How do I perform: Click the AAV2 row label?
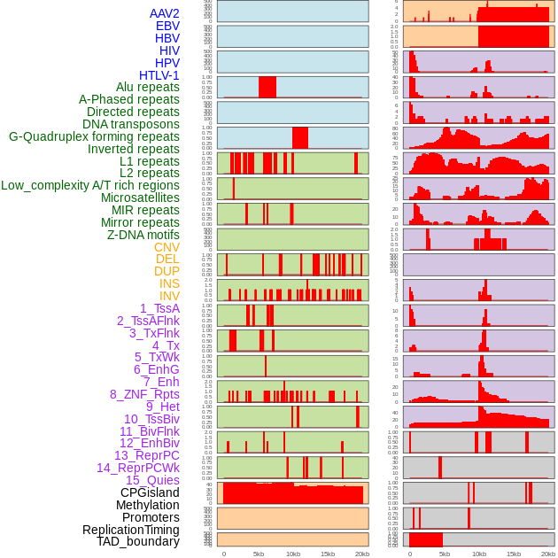tap(164, 14)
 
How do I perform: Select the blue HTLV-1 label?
tap(159, 75)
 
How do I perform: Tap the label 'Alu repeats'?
tap(147, 88)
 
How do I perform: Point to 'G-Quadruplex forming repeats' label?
tap(94, 137)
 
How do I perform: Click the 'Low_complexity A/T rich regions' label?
tap(90, 186)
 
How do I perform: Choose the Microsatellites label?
tap(140, 198)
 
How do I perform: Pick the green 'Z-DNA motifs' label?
tap(143, 235)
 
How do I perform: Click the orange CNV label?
tap(167, 247)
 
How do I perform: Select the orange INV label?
tap(169, 296)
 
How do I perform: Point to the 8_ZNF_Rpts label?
tap(144, 394)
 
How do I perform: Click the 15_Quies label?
tap(152, 480)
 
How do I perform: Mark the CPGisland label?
tap(150, 492)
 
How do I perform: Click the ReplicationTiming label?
tap(131, 530)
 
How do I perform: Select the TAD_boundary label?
tap(138, 541)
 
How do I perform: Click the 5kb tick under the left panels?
tap(259, 554)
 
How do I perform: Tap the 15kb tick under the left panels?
tap(328, 554)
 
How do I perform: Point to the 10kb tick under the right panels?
tap(479, 554)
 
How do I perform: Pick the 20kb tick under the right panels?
tap(548, 554)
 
